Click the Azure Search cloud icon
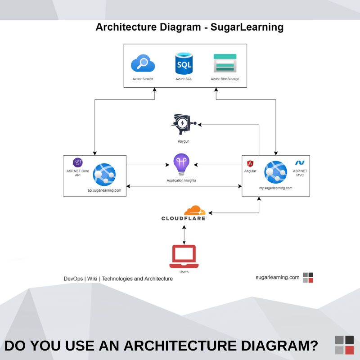pyautogui.click(x=143, y=64)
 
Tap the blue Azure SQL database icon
pyautogui.click(x=183, y=63)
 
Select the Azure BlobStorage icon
pyautogui.click(x=225, y=63)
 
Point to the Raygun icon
pyautogui.click(x=183, y=124)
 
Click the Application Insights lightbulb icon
pyautogui.click(x=181, y=165)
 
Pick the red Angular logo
pyautogui.click(x=250, y=165)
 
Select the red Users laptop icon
pyautogui.click(x=184, y=256)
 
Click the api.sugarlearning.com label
pyautogui.click(x=104, y=190)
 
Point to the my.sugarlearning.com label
pyautogui.click(x=275, y=188)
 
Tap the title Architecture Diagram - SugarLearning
pyautogui.click(x=189, y=27)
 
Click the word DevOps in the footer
pyautogui.click(x=73, y=279)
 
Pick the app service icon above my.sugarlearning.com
pyautogui.click(x=275, y=171)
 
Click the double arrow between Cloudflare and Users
pyautogui.click(x=184, y=233)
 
